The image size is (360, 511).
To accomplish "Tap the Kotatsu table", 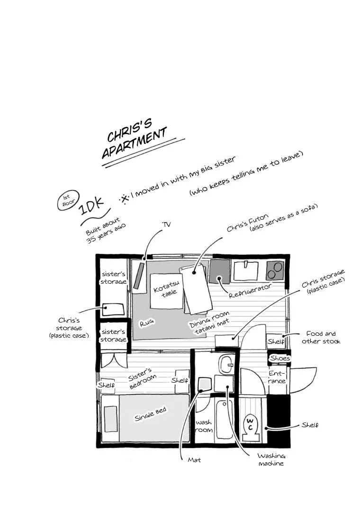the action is click(x=166, y=291).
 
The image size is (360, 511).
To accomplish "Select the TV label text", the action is click(x=166, y=224).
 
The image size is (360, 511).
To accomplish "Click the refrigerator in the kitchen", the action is click(x=220, y=271).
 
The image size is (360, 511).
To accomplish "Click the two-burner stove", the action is click(x=275, y=270).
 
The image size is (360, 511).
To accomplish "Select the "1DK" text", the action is click(x=92, y=205).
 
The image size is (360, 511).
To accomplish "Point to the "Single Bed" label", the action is click(x=151, y=414).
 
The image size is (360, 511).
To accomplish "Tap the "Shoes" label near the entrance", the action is click(x=280, y=358).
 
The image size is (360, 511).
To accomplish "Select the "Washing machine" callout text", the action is click(x=271, y=459).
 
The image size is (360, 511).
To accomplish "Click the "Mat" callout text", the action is click(x=194, y=460).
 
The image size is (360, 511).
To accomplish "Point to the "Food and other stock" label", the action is click(x=321, y=337).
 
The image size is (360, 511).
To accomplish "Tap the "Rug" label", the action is click(x=147, y=323).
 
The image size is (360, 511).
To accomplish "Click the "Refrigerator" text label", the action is click(x=250, y=290).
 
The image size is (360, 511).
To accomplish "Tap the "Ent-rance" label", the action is click(x=277, y=377).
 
